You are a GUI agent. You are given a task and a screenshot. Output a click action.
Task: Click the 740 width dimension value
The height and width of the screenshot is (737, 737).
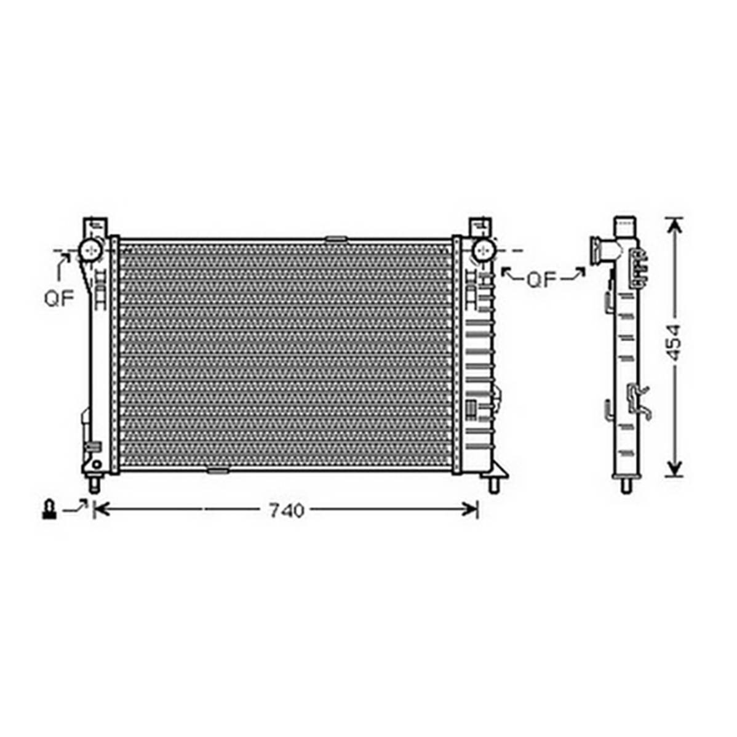(x=287, y=511)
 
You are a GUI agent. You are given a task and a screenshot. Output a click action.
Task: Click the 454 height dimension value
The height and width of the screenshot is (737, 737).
(x=674, y=342)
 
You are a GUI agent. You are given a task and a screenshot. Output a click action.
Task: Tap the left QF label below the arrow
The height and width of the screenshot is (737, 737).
(x=59, y=298)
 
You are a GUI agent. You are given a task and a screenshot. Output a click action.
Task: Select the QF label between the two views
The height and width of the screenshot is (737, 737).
(x=541, y=280)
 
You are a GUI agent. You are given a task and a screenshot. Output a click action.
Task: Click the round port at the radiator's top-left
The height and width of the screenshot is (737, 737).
(x=90, y=250)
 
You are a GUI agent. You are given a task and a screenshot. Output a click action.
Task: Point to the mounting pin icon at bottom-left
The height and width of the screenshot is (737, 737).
(x=49, y=509)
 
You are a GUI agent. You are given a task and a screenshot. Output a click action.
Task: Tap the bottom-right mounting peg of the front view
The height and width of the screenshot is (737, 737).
(x=493, y=484)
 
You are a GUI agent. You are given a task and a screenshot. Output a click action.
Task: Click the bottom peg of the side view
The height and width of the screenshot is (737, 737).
(x=626, y=485)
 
